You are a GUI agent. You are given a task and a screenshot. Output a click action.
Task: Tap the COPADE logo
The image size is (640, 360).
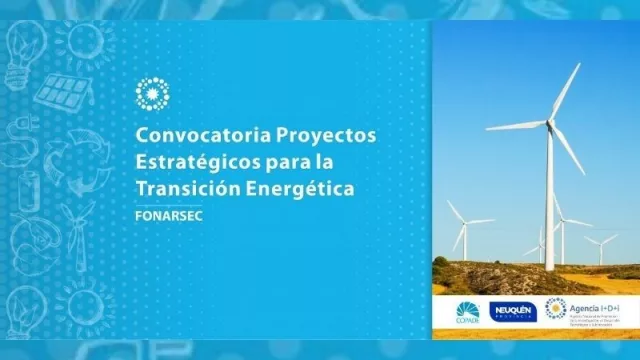(467, 311)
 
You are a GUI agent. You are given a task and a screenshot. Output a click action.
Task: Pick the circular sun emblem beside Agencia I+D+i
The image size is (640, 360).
(555, 309)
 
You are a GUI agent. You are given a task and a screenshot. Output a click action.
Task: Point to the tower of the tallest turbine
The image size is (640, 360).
(550, 200)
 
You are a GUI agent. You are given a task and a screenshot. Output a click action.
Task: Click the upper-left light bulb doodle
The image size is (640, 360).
(22, 45)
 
